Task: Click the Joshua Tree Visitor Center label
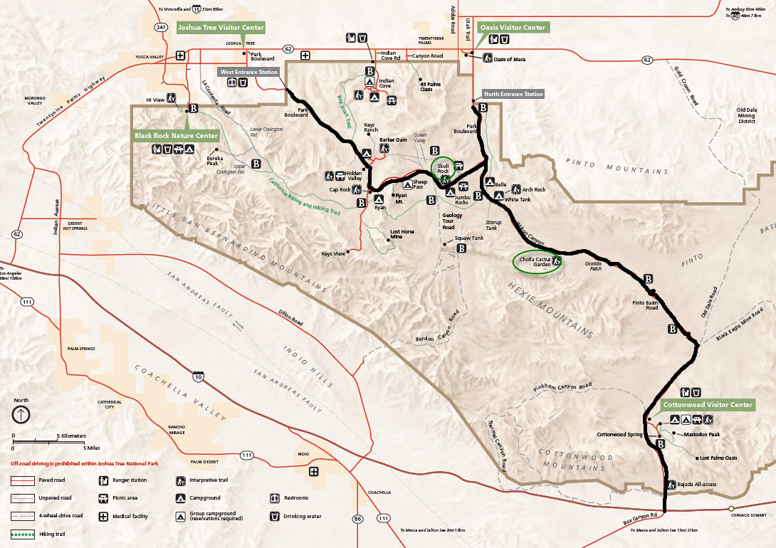click(220, 28)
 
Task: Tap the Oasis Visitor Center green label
click(513, 28)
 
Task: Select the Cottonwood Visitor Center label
click(708, 405)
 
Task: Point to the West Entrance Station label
click(248, 72)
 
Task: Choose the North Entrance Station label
click(513, 94)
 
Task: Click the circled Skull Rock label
click(442, 168)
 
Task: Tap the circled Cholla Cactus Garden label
click(536, 260)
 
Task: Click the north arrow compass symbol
click(21, 414)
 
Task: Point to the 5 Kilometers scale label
click(71, 436)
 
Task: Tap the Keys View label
click(333, 253)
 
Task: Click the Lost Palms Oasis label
click(718, 458)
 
